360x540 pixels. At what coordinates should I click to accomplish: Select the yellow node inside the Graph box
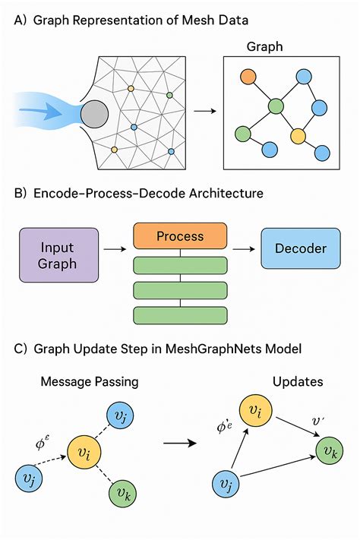click(297, 137)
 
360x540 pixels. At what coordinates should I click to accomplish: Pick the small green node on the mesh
click(169, 96)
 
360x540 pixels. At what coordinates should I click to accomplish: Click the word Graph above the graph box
click(264, 47)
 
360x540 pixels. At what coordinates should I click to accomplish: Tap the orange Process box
click(180, 236)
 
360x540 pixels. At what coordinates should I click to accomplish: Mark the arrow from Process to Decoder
click(244, 247)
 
